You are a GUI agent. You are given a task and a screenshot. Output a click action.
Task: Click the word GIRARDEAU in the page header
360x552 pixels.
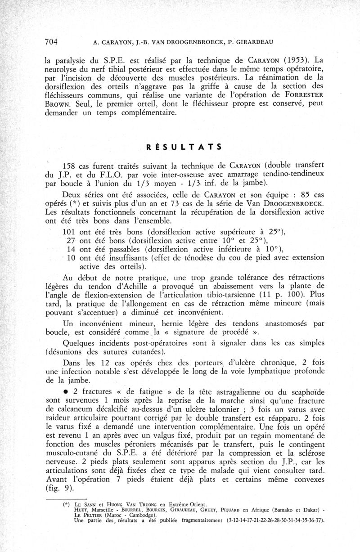pyautogui.click(x=251, y=43)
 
